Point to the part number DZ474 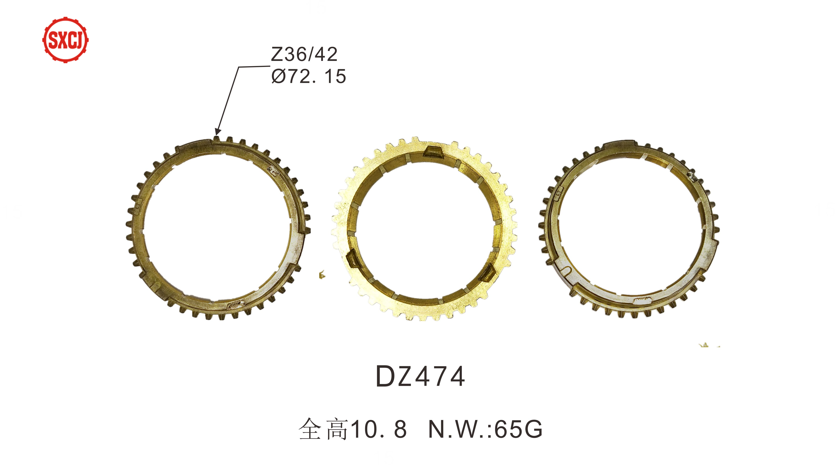point(420,376)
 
